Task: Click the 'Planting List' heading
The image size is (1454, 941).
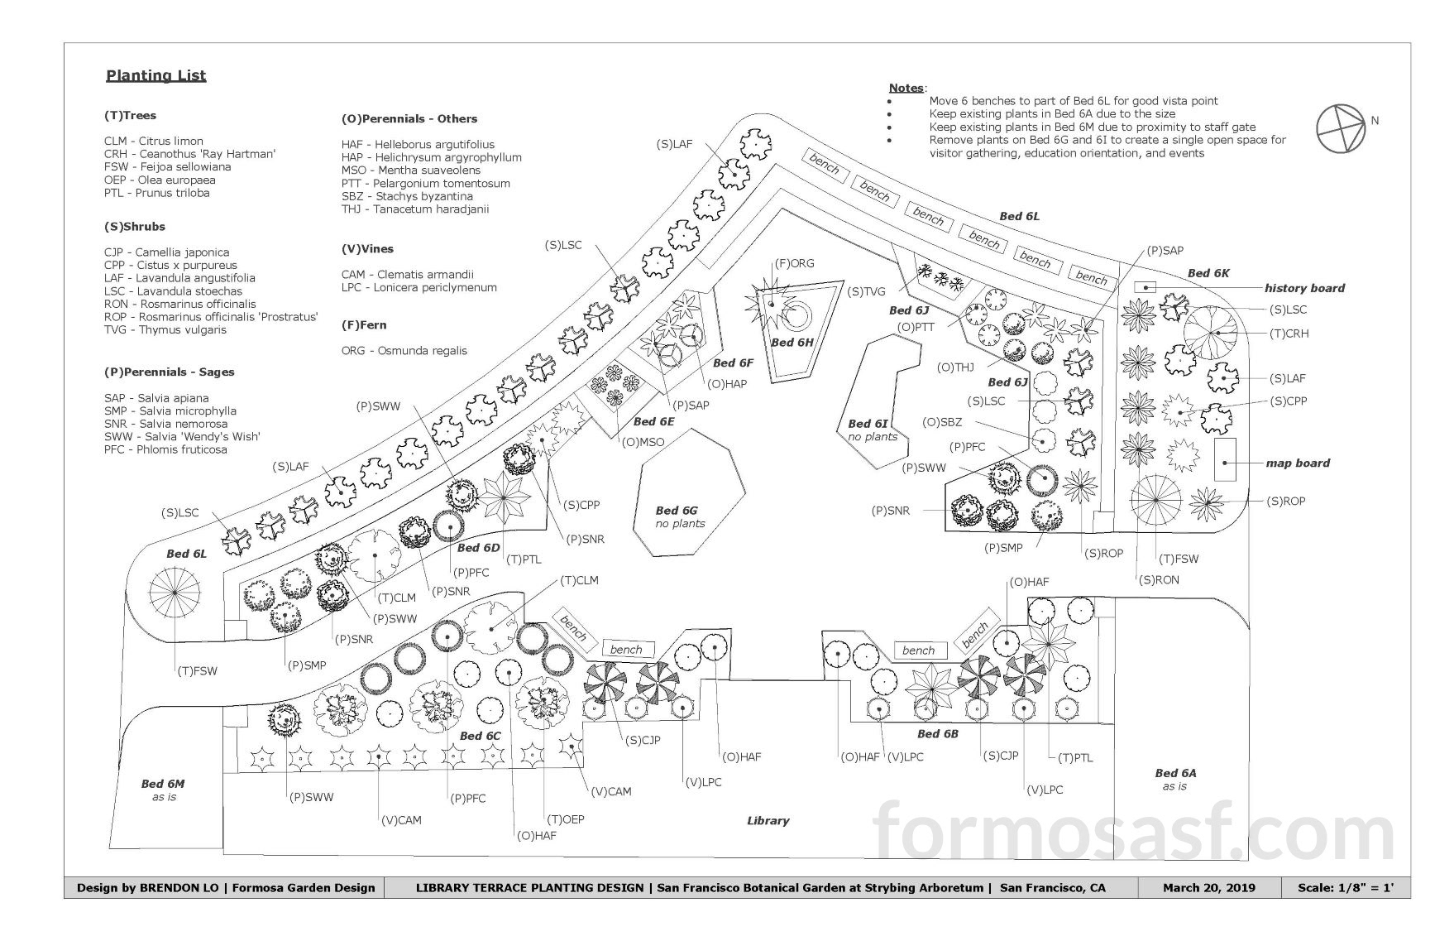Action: (x=155, y=76)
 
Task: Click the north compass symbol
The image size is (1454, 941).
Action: (x=1340, y=128)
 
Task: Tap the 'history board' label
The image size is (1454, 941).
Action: (x=1304, y=288)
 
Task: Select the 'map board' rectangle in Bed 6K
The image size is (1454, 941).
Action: (x=1225, y=459)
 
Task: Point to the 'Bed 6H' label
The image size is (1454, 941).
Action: (x=793, y=343)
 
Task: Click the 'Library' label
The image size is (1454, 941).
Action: (x=768, y=821)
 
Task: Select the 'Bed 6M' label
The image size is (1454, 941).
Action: (x=163, y=784)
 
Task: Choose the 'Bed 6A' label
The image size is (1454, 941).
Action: (x=1175, y=773)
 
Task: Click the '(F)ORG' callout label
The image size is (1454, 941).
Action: (x=794, y=264)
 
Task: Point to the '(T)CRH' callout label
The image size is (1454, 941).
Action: (x=1289, y=334)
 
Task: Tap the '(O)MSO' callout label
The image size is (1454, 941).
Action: (x=644, y=442)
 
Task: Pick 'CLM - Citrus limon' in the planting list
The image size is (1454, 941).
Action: (x=153, y=142)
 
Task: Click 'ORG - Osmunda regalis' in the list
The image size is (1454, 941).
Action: (x=404, y=351)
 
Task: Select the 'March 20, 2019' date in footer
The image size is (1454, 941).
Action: (x=1208, y=888)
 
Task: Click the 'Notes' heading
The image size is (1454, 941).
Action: (x=906, y=88)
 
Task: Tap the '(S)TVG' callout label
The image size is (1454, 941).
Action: (x=866, y=291)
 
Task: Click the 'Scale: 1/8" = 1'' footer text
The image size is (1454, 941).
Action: (x=1346, y=888)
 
